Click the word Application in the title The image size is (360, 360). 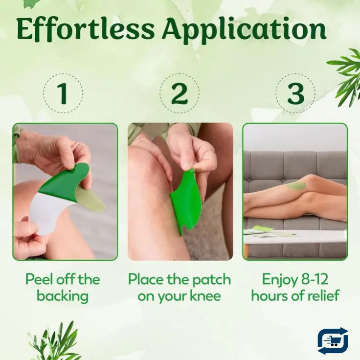[244, 30]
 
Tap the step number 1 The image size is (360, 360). [62, 94]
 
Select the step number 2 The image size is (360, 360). [180, 94]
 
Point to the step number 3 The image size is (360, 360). [295, 94]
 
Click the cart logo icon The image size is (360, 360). [333, 340]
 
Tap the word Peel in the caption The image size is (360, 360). [39, 280]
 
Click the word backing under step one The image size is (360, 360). [62, 296]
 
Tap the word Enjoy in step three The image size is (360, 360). [279, 280]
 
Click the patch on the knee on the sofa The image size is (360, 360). [295, 186]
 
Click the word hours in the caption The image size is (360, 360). [270, 296]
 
